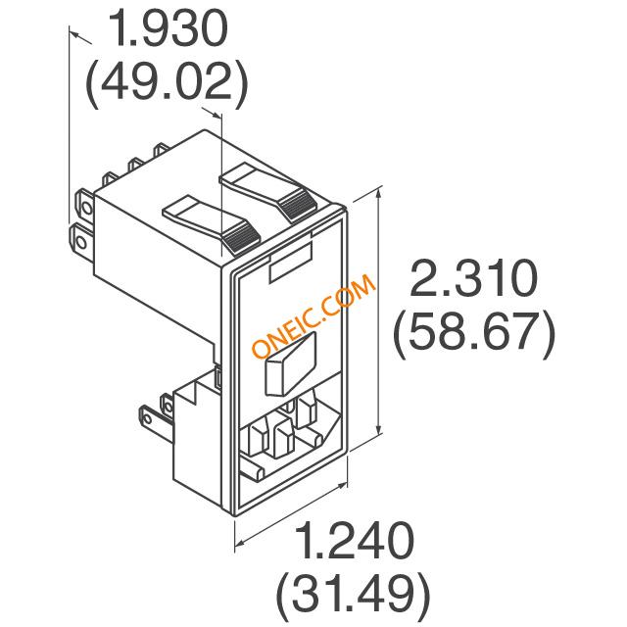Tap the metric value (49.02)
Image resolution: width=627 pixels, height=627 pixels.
click(167, 84)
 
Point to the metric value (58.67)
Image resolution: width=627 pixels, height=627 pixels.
click(474, 334)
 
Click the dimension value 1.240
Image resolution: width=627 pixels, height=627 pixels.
click(356, 540)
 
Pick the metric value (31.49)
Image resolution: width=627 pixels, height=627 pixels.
click(353, 597)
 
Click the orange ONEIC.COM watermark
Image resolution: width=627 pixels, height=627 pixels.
click(313, 315)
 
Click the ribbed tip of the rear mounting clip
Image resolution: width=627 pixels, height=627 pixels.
click(299, 205)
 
